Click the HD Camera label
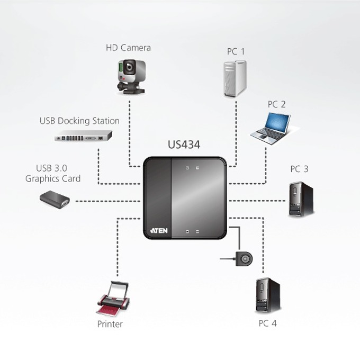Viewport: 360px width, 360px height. coord(128,48)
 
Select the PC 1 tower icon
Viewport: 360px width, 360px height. coord(235,79)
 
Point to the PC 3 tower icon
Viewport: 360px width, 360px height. coord(301,199)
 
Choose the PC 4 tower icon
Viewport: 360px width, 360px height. coord(268,295)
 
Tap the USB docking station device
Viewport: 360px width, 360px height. coord(83,136)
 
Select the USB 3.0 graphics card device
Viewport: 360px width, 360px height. coord(55,200)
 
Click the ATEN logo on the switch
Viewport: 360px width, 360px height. coord(159,230)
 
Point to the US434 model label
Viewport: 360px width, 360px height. coord(184,145)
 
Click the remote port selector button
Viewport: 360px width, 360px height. coord(244,259)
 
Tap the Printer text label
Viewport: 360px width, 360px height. coord(110,324)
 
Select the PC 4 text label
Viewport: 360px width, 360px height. coord(267,323)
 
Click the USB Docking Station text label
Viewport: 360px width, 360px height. coord(79,121)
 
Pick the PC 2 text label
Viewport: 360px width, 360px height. coord(277,104)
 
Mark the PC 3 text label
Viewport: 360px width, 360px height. coord(299,169)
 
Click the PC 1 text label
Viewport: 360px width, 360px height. coord(236,51)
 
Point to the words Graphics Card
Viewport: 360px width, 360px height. coord(53,178)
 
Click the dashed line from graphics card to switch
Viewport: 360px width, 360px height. coord(108,201)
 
